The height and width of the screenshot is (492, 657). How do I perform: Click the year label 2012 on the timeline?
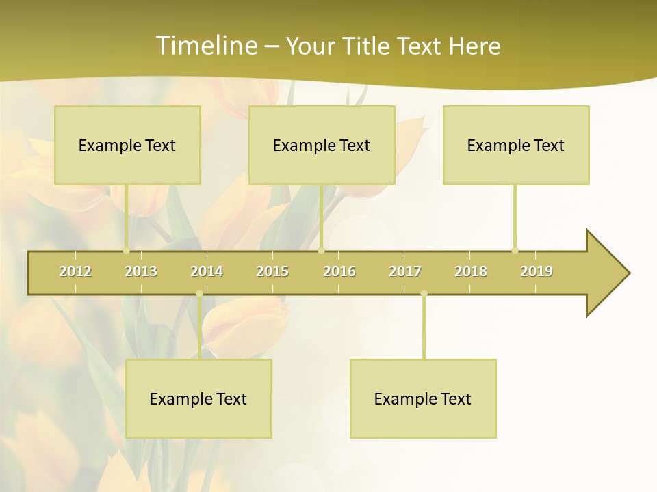[x=75, y=272]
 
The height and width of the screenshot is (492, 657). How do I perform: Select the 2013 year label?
[x=141, y=272]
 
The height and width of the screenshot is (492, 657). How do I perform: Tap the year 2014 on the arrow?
[x=207, y=272]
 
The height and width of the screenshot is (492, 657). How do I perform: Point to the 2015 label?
[x=272, y=272]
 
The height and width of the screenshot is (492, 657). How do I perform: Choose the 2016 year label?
[x=339, y=272]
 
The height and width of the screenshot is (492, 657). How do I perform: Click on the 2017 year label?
[x=405, y=272]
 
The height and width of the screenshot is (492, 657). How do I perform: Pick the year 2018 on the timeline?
[x=471, y=272]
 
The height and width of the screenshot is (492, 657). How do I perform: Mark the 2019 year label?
[x=537, y=272]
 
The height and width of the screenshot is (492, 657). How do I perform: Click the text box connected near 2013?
[x=127, y=146]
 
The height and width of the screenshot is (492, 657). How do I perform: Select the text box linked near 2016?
[x=322, y=146]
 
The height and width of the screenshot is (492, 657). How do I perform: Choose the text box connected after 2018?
[x=516, y=146]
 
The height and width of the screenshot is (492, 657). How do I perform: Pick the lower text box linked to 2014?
[x=198, y=399]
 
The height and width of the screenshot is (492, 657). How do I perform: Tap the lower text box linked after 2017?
[x=423, y=399]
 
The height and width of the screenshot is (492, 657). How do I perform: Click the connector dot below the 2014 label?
[x=199, y=294]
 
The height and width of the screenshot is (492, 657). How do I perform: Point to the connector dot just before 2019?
[x=515, y=250]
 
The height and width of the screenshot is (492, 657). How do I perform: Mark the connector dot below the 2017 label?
[x=424, y=294]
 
